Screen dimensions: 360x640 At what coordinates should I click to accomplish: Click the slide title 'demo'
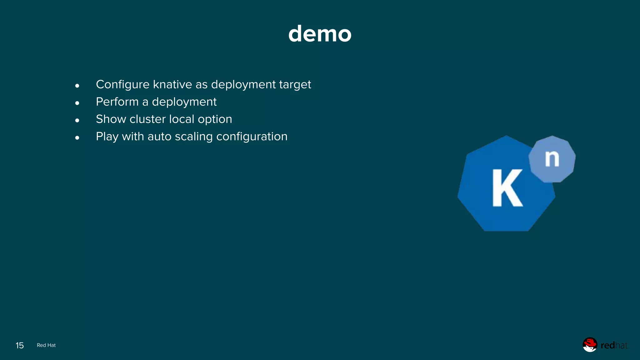click(320, 34)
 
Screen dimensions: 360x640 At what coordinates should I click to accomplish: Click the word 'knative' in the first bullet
click(172, 84)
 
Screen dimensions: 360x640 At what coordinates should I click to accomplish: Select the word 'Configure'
click(122, 85)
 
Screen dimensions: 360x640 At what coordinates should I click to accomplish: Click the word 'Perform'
click(117, 102)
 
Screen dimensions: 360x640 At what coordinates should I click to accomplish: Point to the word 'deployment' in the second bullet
click(184, 102)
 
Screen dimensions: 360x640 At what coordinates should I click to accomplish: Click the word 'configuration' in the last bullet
click(252, 137)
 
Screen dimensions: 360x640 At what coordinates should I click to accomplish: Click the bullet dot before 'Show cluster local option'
click(77, 120)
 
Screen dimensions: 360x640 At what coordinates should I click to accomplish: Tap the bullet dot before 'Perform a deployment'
click(77, 103)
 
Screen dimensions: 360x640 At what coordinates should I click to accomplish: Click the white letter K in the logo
click(507, 188)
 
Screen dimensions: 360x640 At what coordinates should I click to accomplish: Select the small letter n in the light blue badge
click(552, 159)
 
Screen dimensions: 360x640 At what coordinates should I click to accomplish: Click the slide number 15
click(20, 345)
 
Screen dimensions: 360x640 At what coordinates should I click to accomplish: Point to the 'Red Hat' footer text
click(46, 345)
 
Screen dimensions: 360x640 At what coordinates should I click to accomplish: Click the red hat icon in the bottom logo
click(590, 344)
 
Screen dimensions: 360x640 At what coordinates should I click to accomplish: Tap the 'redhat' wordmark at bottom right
click(614, 345)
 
